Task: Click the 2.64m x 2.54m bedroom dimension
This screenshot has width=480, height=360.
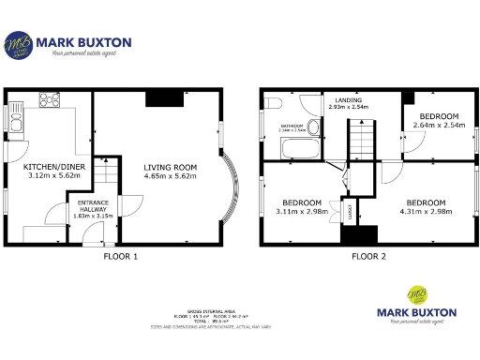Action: tap(439, 125)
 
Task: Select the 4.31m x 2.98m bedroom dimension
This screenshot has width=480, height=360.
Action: tap(427, 211)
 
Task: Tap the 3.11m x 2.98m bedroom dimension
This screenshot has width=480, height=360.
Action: tap(303, 211)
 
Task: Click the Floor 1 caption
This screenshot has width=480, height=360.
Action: tap(120, 255)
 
